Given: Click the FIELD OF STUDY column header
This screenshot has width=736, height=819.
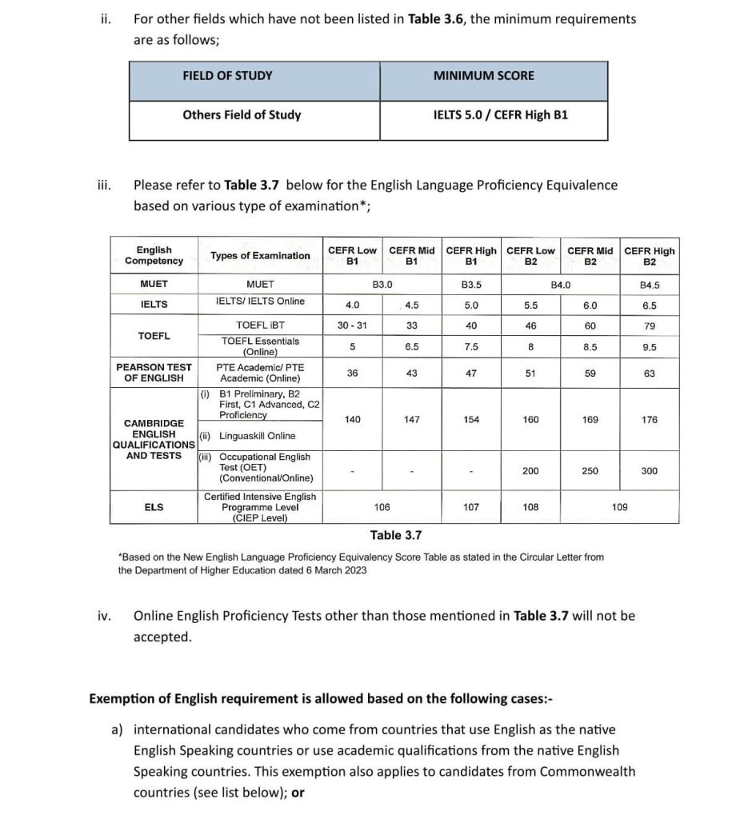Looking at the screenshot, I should point(227,76).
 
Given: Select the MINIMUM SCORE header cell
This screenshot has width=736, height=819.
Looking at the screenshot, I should point(484,76).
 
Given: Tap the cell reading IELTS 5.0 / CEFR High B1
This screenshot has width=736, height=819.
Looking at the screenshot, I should point(500,115).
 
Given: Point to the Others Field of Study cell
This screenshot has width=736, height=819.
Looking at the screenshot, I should point(242,115).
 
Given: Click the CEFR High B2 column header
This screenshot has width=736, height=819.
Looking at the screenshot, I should point(649,256).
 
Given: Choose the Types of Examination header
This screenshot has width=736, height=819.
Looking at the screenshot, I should point(260,256).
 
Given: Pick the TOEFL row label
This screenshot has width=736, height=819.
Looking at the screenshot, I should point(154,336).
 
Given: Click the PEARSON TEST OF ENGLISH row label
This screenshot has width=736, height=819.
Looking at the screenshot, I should point(154,373).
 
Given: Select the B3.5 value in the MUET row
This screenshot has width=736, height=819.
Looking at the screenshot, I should point(471,285).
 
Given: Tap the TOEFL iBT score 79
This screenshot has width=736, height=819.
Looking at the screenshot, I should point(649,326).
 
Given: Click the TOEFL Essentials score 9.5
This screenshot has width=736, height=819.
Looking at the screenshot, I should point(649,347).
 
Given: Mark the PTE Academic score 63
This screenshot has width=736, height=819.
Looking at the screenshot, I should point(649,374).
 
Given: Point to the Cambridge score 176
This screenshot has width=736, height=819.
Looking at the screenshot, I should point(649,420).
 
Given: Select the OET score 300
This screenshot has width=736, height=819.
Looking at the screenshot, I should point(649,471).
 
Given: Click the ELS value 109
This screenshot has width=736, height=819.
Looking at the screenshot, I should point(619,507).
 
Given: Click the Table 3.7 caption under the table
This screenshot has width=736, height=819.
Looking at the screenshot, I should point(395,535).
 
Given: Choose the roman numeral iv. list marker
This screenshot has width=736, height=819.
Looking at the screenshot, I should point(103,616).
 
